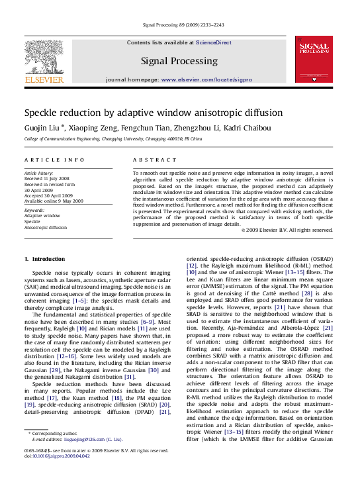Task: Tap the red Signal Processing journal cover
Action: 314,60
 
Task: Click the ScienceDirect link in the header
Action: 213,42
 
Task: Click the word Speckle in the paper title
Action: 41,113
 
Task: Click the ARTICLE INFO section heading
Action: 54,160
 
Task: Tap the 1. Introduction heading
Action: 45,258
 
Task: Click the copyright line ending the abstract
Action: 286,230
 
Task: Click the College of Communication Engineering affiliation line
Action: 106,140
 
